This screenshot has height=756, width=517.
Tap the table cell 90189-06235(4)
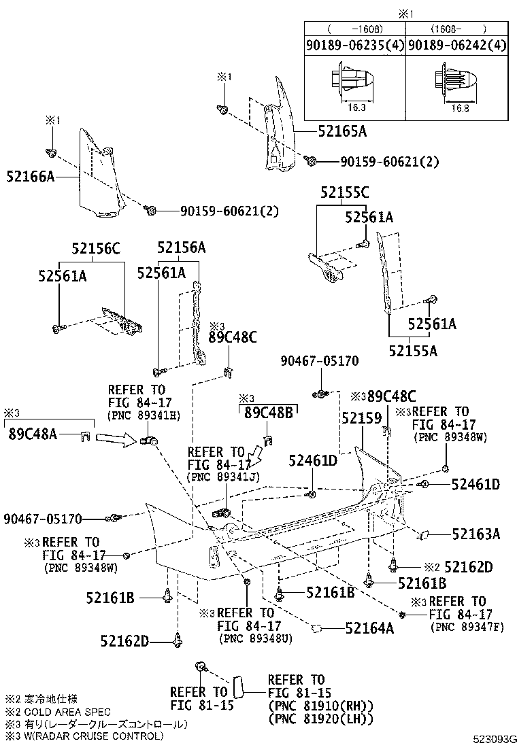354,46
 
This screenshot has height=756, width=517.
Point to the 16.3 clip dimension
354,107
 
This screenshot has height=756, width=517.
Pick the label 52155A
413,351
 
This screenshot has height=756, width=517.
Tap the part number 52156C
96,249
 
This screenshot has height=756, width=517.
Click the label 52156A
181,248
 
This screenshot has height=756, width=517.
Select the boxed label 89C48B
268,412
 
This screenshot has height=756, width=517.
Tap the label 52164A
369,629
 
